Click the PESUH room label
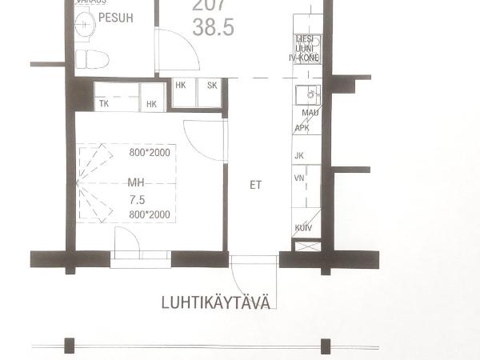click(x=116, y=17)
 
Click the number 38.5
click(x=214, y=28)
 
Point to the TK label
click(x=103, y=104)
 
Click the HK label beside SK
click(x=181, y=85)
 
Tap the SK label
click(x=212, y=85)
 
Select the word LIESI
click(x=304, y=38)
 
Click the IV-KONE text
click(x=304, y=58)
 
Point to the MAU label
click(x=310, y=113)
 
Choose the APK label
click(x=302, y=128)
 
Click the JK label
click(x=300, y=155)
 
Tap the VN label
click(x=300, y=178)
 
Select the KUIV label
click(x=303, y=228)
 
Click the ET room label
click(x=256, y=185)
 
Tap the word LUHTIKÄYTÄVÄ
click(x=216, y=302)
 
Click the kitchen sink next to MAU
click(x=308, y=95)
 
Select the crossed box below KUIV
click(x=306, y=246)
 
